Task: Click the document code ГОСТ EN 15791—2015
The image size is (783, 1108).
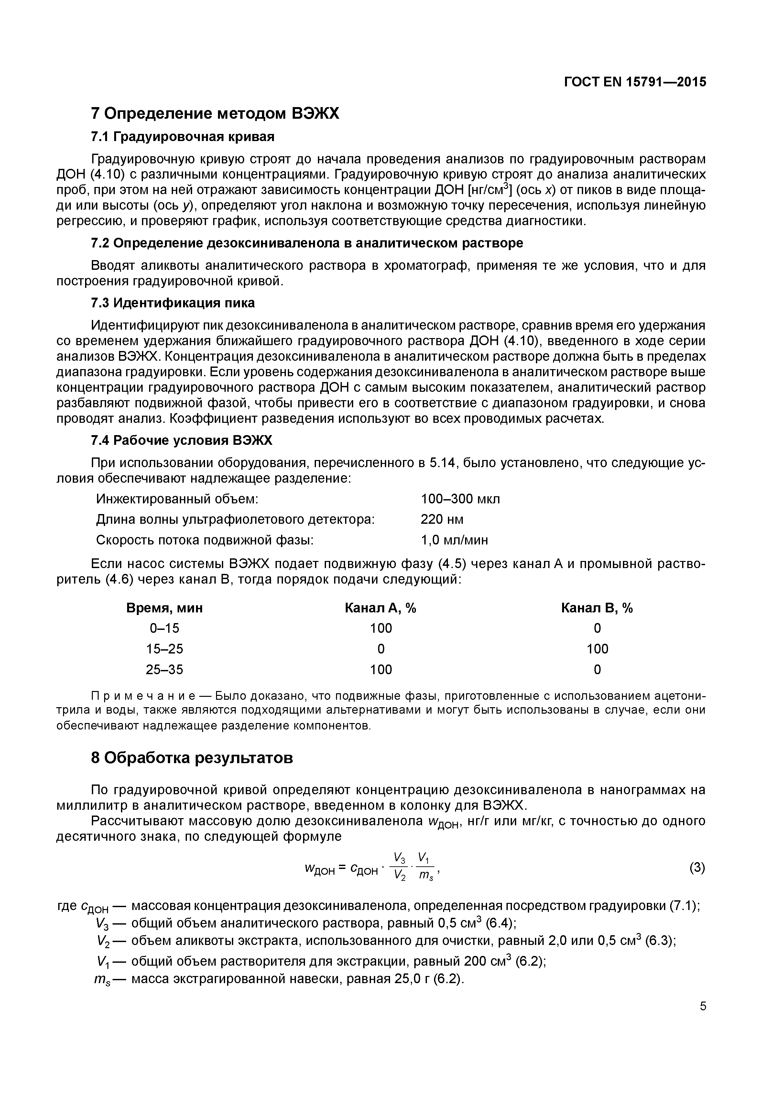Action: pos(635,82)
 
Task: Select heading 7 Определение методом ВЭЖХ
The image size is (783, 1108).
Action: pos(215,114)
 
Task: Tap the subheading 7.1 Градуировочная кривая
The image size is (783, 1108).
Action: pos(182,137)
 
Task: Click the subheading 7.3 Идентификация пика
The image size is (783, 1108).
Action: pos(173,303)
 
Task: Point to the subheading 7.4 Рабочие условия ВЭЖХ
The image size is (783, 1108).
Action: pos(181,441)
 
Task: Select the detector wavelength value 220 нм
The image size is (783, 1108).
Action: pos(442,520)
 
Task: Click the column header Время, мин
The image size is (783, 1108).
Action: pos(165,608)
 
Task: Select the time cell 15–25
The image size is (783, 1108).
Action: pos(165,649)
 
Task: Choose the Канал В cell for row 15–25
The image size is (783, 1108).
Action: pos(597,649)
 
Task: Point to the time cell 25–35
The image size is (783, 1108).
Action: pos(165,670)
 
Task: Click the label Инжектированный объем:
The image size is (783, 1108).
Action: pos(178,499)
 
